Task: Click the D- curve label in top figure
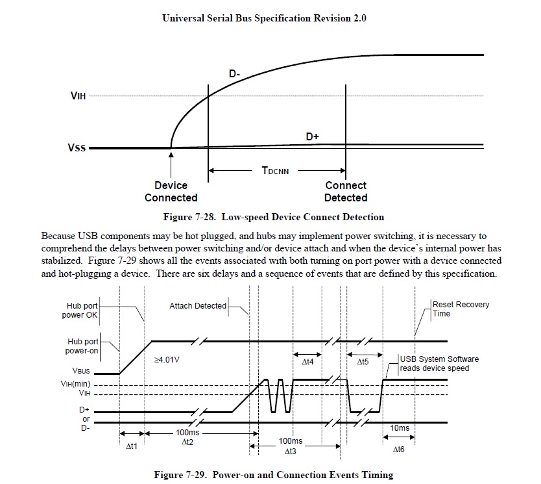(235, 75)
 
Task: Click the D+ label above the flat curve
(313, 136)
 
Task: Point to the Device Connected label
(171, 192)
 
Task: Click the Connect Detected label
(346, 192)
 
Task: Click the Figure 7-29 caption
(273, 474)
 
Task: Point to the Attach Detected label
(198, 305)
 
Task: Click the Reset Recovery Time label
(461, 309)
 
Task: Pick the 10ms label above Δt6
(399, 428)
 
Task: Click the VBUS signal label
(90, 374)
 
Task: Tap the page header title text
(264, 19)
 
